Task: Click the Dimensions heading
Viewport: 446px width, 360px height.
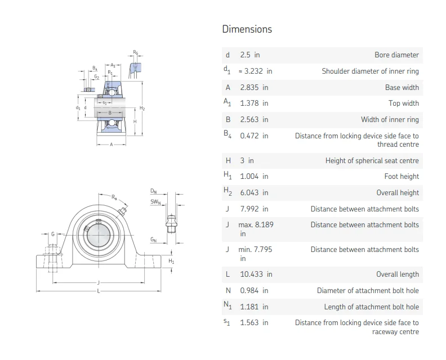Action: (247, 29)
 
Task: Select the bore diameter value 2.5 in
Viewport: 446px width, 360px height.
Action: (250, 55)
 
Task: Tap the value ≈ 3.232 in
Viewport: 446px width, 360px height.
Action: (256, 71)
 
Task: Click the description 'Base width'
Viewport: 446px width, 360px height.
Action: (402, 87)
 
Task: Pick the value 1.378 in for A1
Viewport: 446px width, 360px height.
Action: (254, 103)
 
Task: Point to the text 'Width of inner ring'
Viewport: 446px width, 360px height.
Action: (390, 120)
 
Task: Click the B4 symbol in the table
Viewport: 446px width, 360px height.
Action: (227, 135)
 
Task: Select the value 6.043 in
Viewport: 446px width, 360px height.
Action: (254, 192)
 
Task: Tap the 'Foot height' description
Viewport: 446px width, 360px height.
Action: (402, 177)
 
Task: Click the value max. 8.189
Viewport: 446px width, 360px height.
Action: (256, 224)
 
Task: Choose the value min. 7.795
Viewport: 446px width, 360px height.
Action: (256, 249)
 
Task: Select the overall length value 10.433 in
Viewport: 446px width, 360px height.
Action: (256, 274)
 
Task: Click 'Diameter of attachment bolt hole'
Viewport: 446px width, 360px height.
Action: (368, 291)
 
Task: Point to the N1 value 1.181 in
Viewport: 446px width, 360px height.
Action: (254, 307)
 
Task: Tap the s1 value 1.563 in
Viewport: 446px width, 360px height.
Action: (254, 323)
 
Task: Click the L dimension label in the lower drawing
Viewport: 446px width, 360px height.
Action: (99, 291)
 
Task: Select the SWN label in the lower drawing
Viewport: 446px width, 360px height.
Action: (155, 202)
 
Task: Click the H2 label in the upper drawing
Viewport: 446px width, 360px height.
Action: (142, 108)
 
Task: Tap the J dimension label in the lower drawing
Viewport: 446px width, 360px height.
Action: (99, 282)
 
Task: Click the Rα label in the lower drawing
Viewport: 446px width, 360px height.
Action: (114, 197)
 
